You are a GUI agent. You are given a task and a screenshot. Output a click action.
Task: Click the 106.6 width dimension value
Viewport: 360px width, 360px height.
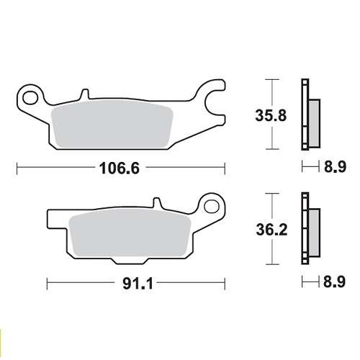(120, 168)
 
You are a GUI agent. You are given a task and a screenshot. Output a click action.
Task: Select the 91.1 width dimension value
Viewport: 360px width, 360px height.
(138, 284)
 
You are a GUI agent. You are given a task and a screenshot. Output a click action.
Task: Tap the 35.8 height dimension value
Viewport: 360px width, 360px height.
(271, 115)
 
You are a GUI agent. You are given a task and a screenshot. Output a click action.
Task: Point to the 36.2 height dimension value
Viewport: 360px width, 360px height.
(271, 230)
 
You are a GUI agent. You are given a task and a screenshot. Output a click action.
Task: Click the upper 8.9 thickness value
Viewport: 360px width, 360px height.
(335, 167)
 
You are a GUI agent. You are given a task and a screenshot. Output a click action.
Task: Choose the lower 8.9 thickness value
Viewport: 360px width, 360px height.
(335, 282)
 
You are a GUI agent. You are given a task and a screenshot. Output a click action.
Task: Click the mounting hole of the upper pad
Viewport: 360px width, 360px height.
(30, 98)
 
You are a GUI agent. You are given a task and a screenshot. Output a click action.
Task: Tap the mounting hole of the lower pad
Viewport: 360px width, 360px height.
(212, 207)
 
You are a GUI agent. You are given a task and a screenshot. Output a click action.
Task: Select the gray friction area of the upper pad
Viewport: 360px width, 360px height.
(112, 124)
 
